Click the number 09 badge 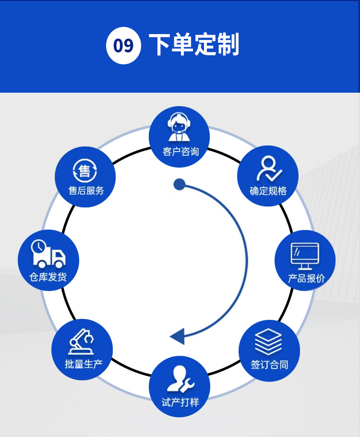pyautogui.click(x=123, y=46)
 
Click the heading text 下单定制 pyautogui.click(x=194, y=45)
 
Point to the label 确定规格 pyautogui.click(x=268, y=191)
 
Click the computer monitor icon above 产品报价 pyautogui.click(x=305, y=256)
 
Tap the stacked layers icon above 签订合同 pyautogui.click(x=268, y=341)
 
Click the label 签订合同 pyautogui.click(x=269, y=364)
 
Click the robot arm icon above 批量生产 pyautogui.click(x=83, y=341)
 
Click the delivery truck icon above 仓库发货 pyautogui.click(x=48, y=254)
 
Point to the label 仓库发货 pyautogui.click(x=48, y=277)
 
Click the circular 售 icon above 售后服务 pyautogui.click(x=85, y=170)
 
